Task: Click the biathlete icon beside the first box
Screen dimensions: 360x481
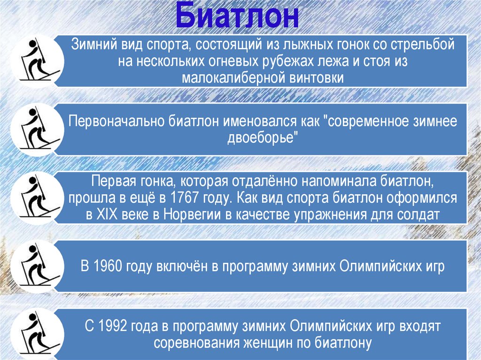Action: tap(36, 61)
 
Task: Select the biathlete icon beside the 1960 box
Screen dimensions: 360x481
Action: tap(36, 266)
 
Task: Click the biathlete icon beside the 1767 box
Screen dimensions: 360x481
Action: tap(36, 198)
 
